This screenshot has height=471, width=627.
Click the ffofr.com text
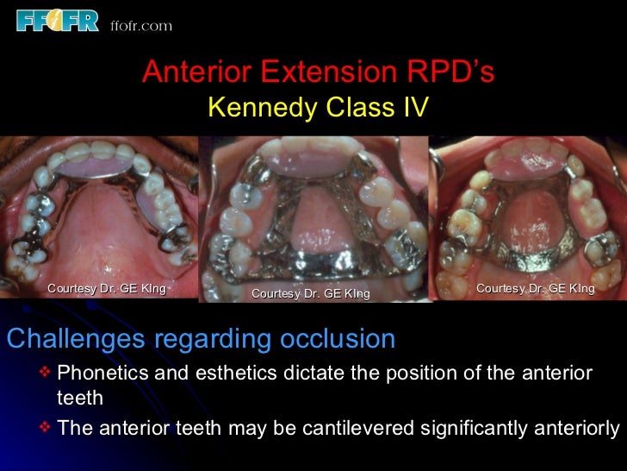(141, 25)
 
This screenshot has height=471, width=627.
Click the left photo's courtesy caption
(107, 288)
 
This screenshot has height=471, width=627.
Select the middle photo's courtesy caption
(310, 294)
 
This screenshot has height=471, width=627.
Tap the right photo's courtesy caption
(535, 288)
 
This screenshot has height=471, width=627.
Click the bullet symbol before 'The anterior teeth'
(46, 427)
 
